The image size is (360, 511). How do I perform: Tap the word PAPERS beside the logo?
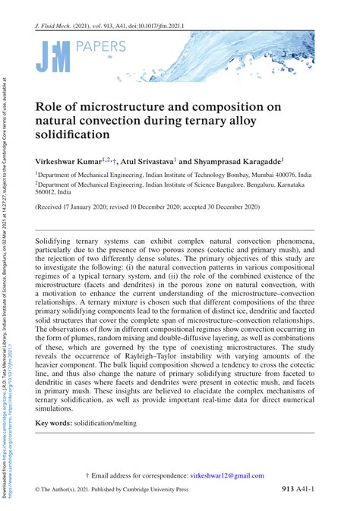click(x=101, y=48)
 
